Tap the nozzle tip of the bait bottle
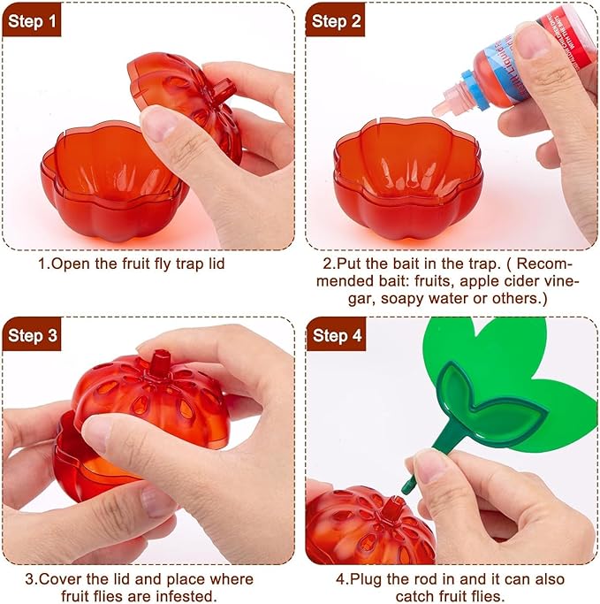point(437,108)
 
